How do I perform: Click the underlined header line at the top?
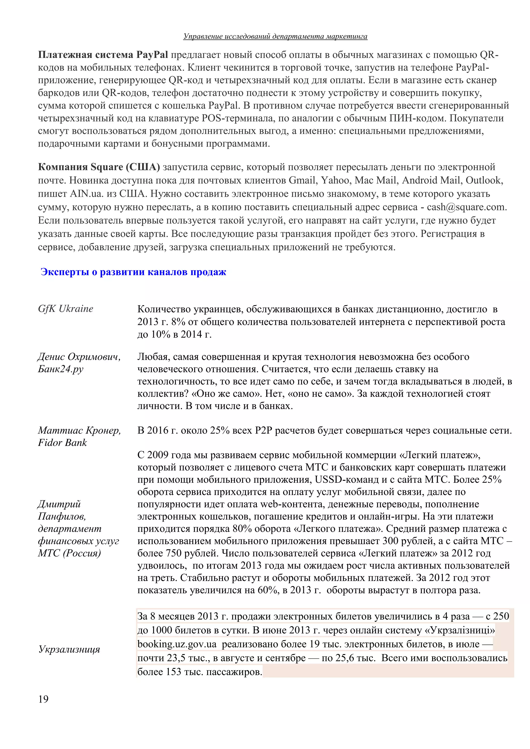coord(275,36)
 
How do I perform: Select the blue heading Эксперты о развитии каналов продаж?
coord(133,272)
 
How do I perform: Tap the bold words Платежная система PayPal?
coord(103,55)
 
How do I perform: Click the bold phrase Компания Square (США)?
coord(99,167)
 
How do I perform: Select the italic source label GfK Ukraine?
coord(65,309)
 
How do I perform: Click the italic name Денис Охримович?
coord(79,357)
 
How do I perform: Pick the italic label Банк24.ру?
coord(61,369)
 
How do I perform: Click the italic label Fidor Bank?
coord(62,443)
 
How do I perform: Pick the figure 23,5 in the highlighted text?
coord(176,658)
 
